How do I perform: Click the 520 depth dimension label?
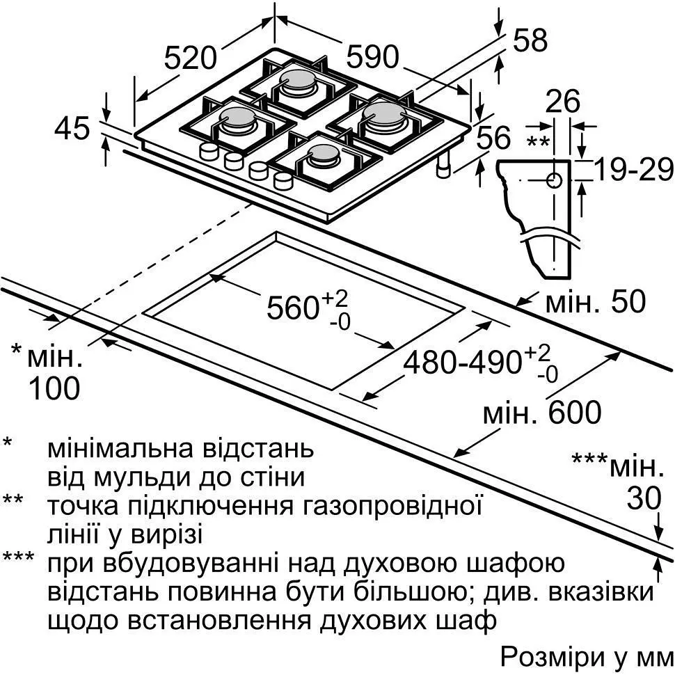point(191,58)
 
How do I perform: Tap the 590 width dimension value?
point(373,57)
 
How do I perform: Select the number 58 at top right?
point(530,41)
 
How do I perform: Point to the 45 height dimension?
point(73,128)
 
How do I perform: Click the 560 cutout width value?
point(292,307)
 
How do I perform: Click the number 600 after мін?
point(574,413)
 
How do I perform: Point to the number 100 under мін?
point(54,388)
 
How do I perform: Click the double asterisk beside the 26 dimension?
point(537,143)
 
